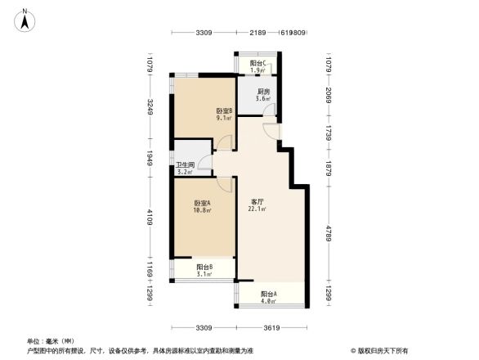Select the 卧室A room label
pos(204,203)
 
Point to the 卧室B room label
pos(225,110)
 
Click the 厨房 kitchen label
pos(263,92)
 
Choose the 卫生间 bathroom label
pos(185,165)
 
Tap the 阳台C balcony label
pos(258,63)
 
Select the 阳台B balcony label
pos(205,267)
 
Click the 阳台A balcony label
pos(268,294)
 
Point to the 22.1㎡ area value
pos(257,209)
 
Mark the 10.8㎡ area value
pos(203,210)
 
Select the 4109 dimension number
pos(150,218)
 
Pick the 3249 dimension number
pos(150,108)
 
